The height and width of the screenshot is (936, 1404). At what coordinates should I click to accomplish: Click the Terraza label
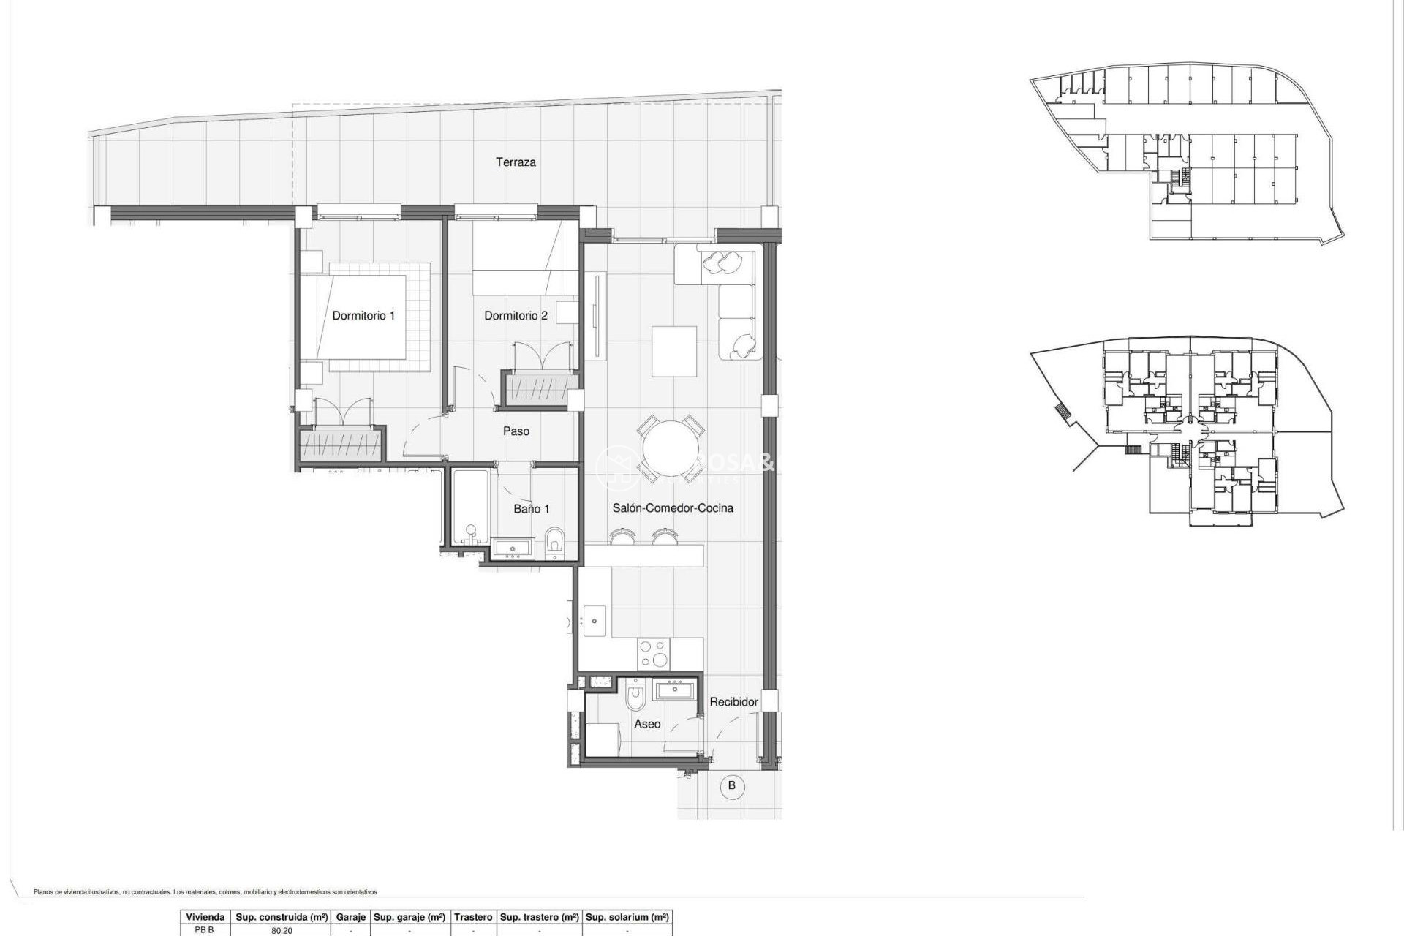(516, 162)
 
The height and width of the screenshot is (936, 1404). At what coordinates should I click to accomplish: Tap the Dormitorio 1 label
(363, 316)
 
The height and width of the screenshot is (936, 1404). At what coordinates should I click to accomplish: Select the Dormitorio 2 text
(516, 316)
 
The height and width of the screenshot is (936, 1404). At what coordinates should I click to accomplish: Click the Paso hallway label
(516, 431)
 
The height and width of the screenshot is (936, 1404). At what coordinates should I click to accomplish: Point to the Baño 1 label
(531, 509)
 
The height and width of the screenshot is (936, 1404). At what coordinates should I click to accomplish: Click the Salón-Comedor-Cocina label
(672, 508)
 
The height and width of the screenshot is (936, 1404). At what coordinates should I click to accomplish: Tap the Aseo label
(647, 724)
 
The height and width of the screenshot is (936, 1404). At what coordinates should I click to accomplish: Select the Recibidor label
(733, 702)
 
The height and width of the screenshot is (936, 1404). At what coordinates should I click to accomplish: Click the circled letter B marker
(731, 787)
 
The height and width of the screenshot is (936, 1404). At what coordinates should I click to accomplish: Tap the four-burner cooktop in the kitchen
(653, 654)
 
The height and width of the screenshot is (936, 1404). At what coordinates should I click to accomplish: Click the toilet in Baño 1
(554, 543)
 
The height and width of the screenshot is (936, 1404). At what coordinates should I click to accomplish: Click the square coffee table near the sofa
(674, 351)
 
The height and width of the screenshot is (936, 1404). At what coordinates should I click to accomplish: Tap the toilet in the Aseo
(635, 697)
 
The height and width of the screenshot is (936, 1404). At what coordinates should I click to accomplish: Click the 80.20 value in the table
(282, 931)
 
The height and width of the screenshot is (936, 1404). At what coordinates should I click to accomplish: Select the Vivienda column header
(205, 917)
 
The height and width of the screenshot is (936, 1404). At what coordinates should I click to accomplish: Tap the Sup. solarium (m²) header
(627, 917)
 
